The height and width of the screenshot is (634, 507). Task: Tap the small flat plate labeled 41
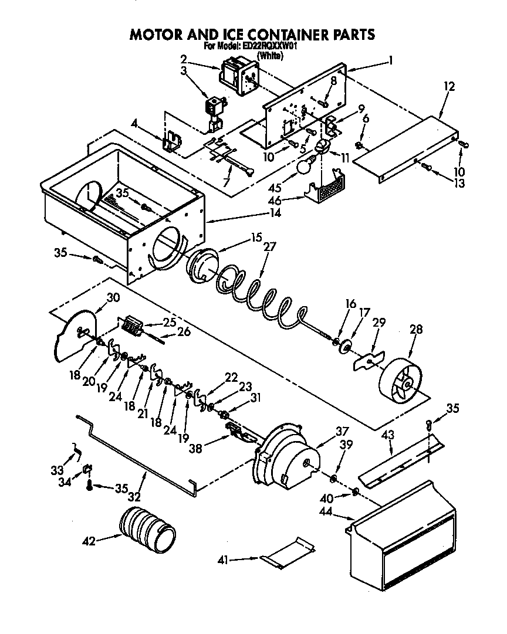click(288, 552)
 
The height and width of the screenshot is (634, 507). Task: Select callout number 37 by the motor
click(342, 431)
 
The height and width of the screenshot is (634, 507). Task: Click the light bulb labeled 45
click(303, 167)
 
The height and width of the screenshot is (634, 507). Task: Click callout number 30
click(113, 297)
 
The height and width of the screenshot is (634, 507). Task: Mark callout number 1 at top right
click(390, 59)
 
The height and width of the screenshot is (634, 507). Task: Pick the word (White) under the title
click(270, 56)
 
